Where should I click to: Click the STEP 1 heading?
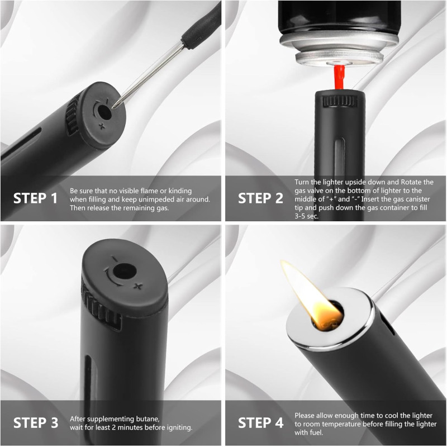(x=35, y=198)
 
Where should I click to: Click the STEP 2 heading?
(x=260, y=198)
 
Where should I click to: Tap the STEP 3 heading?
(x=36, y=423)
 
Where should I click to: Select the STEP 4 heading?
(x=260, y=423)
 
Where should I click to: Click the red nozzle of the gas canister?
(x=339, y=77)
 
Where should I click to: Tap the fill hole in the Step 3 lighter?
(x=125, y=271)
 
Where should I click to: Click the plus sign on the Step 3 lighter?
(x=138, y=286)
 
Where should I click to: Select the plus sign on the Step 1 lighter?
(x=102, y=126)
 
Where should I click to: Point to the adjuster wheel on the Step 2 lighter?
(x=340, y=101)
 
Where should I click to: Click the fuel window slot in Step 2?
(x=339, y=157)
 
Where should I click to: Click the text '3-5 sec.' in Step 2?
(x=306, y=216)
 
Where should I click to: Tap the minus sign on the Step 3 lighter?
(x=115, y=259)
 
